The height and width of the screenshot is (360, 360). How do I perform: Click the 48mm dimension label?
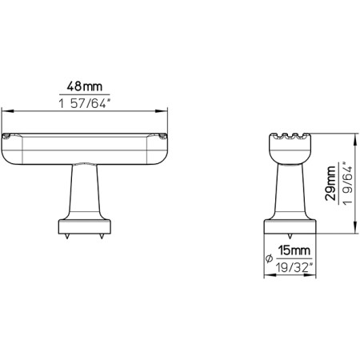(x=86, y=85)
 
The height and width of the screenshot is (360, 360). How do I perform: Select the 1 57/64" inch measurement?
(x=86, y=102)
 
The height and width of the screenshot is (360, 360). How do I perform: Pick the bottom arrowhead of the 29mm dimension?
(x=336, y=230)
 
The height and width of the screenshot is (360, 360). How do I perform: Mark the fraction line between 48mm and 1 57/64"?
(x=86, y=94)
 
